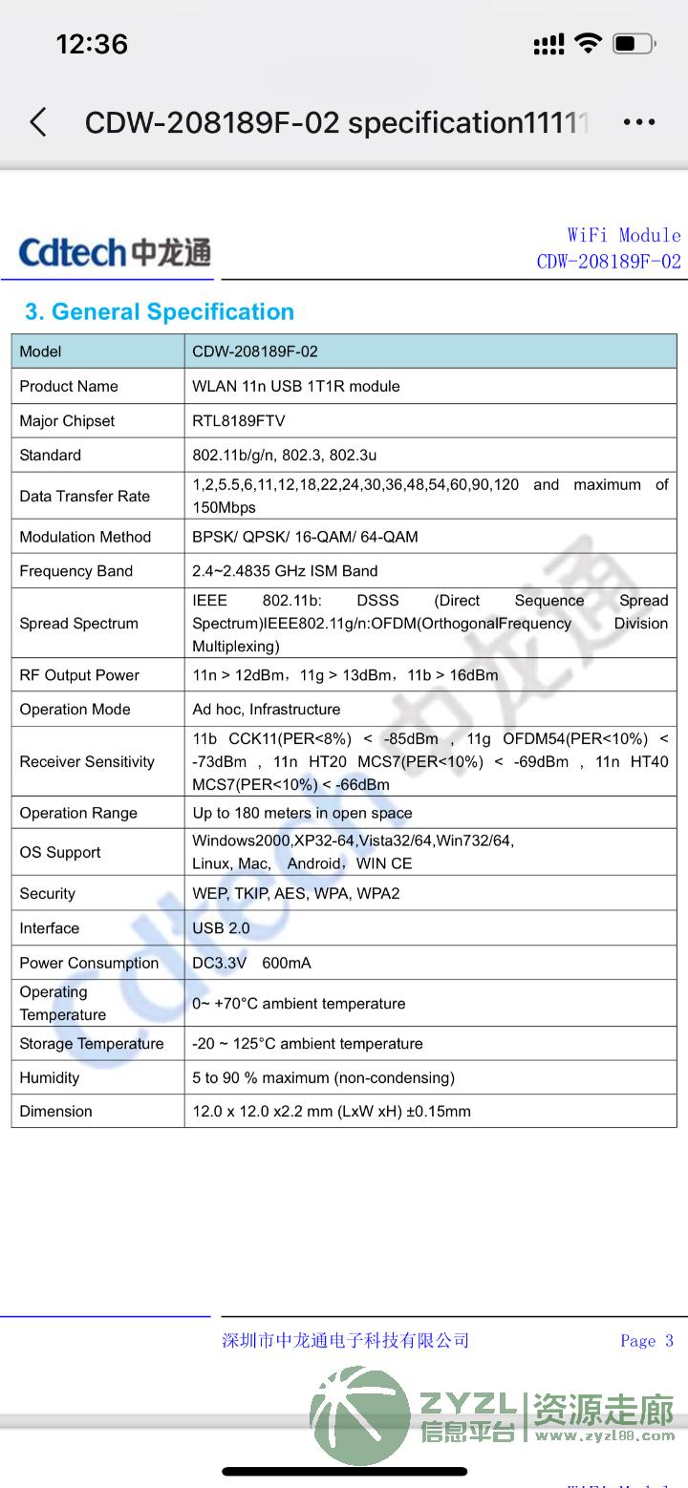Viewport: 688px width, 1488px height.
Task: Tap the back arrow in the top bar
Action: click(38, 122)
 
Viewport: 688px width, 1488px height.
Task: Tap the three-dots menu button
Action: click(638, 122)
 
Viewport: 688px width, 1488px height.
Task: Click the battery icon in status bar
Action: click(634, 43)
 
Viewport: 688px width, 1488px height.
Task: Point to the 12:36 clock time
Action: click(92, 44)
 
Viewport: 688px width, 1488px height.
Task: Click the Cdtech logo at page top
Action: click(115, 252)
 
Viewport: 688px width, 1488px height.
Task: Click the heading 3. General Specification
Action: click(160, 312)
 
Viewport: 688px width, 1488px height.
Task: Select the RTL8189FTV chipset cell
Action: click(239, 421)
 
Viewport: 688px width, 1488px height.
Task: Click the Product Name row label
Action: click(69, 387)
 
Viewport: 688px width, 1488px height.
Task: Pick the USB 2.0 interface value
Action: click(221, 928)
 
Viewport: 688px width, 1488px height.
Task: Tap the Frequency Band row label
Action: click(76, 571)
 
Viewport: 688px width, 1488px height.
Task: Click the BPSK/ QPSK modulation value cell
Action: click(305, 537)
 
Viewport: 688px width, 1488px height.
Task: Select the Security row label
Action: click(48, 894)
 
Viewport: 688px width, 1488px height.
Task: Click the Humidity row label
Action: click(50, 1078)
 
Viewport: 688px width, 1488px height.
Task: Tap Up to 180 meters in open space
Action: click(302, 814)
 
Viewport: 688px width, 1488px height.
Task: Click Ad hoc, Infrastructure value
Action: click(267, 710)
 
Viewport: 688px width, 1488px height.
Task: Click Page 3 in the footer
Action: click(647, 1341)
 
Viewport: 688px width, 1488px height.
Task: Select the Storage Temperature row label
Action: click(92, 1044)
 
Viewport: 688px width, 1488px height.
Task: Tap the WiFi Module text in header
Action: click(624, 235)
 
